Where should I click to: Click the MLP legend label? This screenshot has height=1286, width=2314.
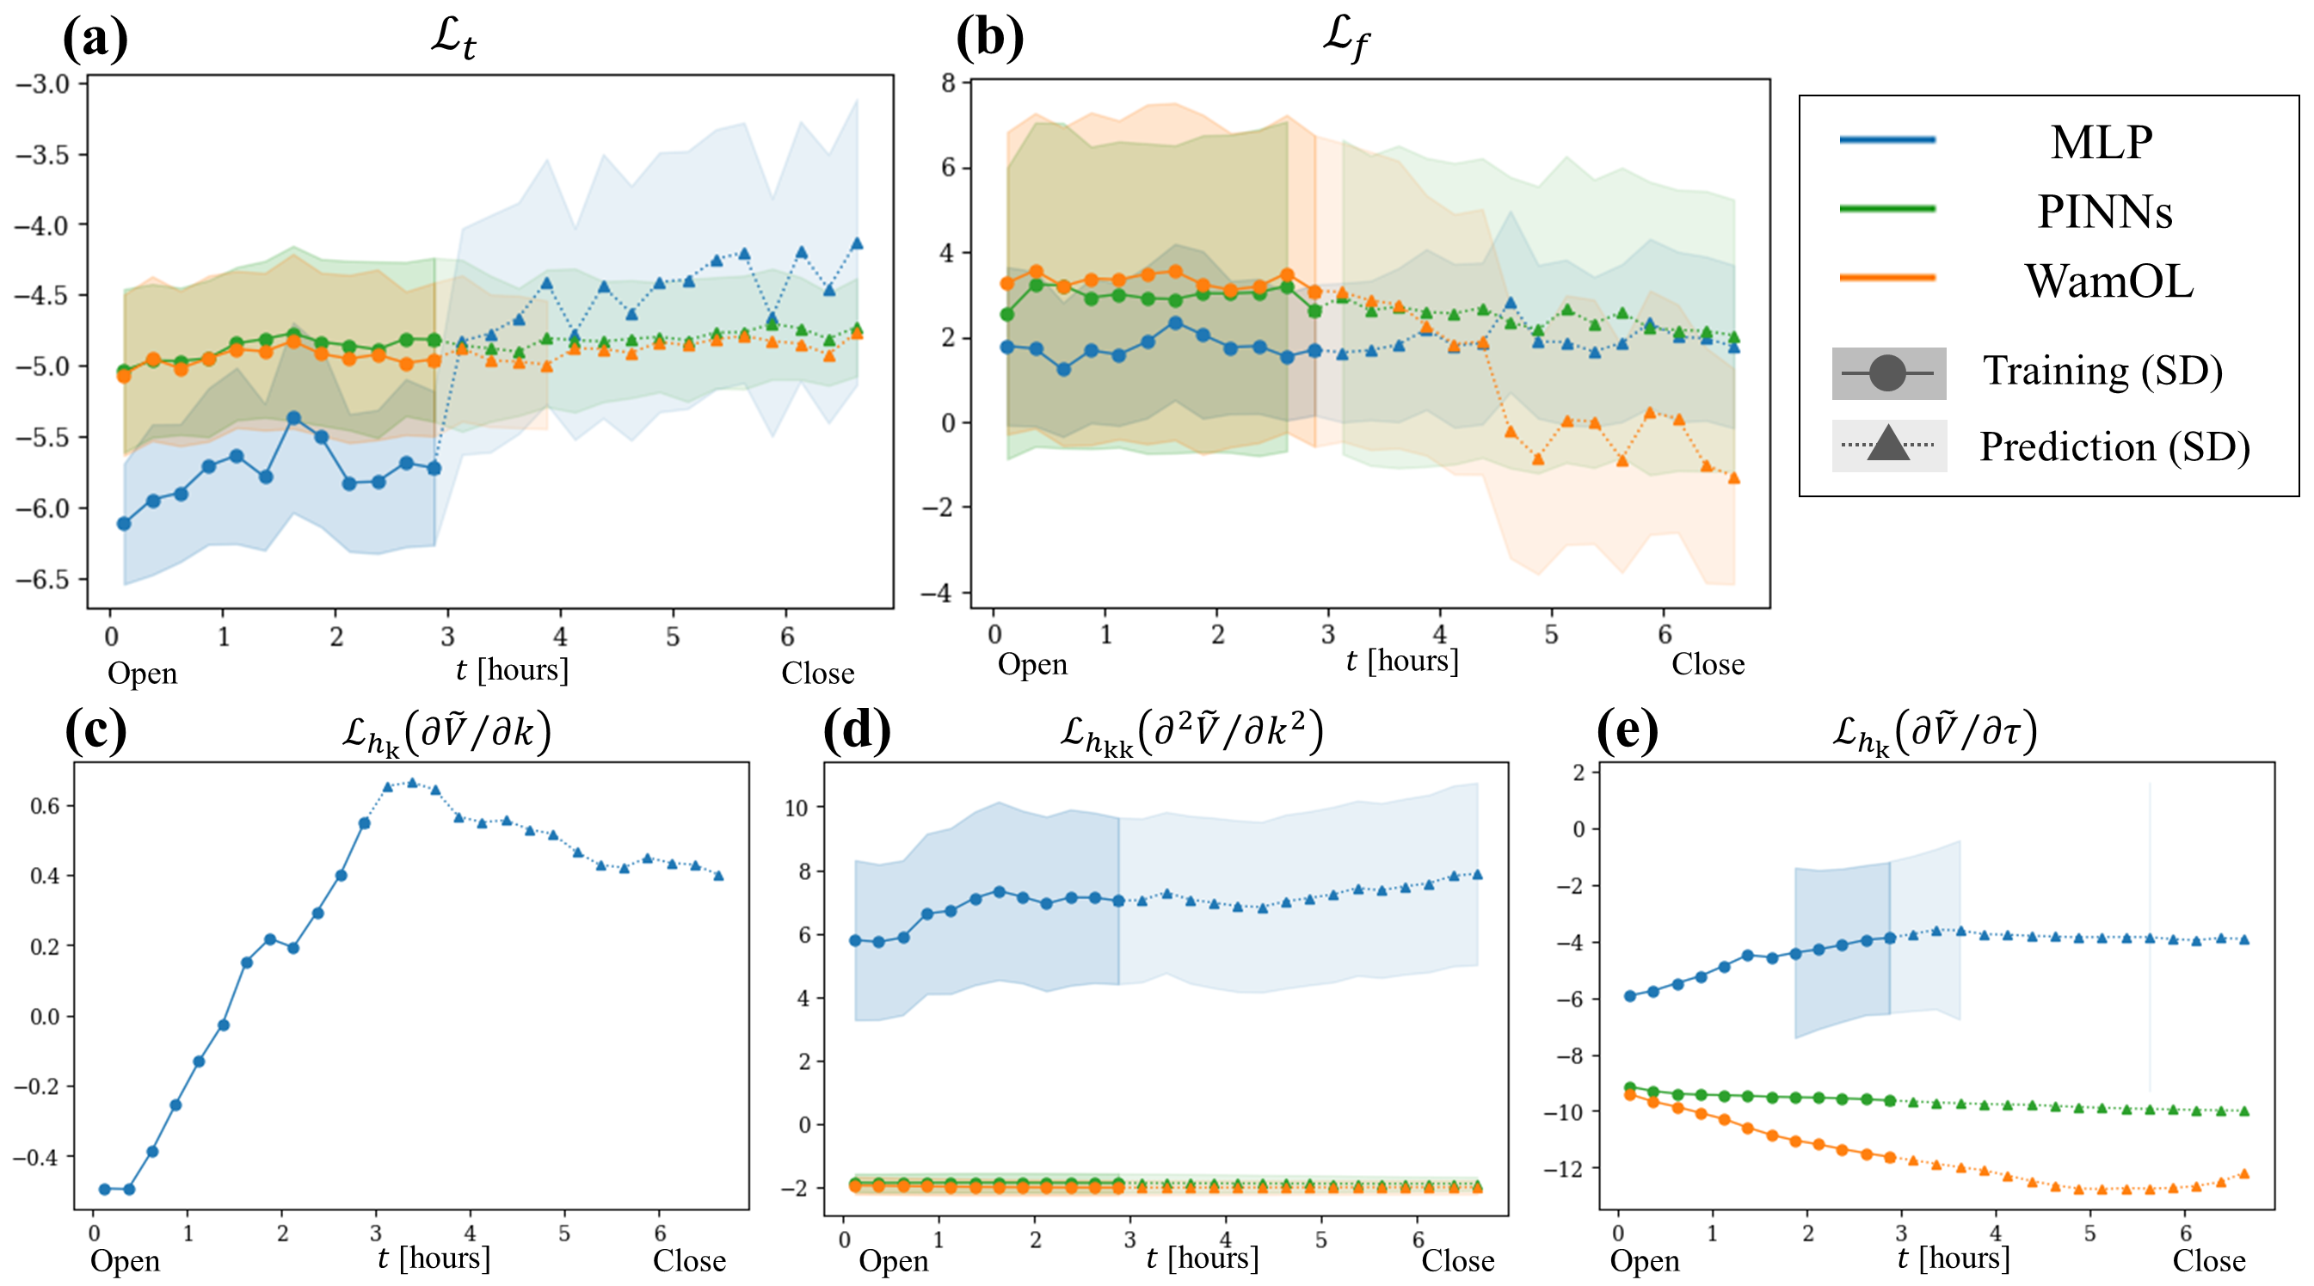(2102, 142)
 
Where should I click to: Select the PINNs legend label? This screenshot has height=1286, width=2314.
(2104, 212)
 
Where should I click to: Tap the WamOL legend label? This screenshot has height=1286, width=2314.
(2108, 281)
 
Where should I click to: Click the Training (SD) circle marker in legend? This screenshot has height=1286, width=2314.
(1887, 372)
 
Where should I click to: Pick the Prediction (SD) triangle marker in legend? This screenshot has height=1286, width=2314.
(1887, 445)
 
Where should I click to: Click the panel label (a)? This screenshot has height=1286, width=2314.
(95, 38)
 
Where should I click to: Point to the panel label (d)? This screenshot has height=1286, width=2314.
(856, 729)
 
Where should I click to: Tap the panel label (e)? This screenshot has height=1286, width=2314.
(1627, 729)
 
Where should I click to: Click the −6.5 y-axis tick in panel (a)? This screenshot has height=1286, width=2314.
(41, 579)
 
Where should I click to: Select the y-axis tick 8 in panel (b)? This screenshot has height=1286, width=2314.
(948, 83)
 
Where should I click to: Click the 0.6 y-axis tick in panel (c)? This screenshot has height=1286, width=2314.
(45, 805)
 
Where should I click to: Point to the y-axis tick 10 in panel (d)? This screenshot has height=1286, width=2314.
(796, 808)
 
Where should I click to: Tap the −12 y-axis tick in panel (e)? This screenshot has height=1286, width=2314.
(1562, 1168)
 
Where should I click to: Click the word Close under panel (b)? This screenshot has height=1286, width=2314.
(1708, 665)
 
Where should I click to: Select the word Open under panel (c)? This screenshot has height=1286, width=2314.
(125, 1261)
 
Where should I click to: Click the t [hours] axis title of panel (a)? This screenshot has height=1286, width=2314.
(512, 669)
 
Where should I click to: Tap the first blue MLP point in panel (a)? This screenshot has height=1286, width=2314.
(124, 524)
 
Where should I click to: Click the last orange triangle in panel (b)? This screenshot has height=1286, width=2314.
(1733, 477)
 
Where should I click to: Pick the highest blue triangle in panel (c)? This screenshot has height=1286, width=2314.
(412, 783)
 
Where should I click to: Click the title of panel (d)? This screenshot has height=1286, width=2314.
(1191, 732)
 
